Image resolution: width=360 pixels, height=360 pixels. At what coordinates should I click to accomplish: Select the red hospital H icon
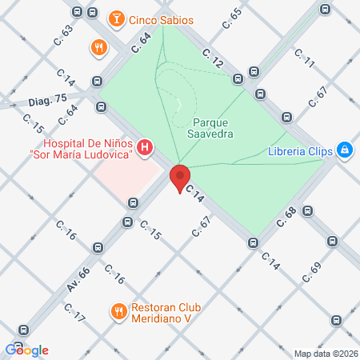tap(145, 147)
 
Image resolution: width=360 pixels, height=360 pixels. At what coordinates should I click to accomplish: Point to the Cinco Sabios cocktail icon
tap(116, 16)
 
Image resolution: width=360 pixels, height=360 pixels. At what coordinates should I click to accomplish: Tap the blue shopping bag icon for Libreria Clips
tap(345, 149)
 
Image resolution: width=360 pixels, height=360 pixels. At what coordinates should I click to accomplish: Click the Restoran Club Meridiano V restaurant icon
tap(118, 310)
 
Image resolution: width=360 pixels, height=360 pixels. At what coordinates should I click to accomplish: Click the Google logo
tap(27, 350)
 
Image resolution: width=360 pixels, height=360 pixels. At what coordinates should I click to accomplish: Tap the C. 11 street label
tap(304, 58)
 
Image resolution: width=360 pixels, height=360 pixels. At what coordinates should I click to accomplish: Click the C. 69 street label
tap(311, 272)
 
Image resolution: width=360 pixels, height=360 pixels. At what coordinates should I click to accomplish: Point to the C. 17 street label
tap(74, 313)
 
